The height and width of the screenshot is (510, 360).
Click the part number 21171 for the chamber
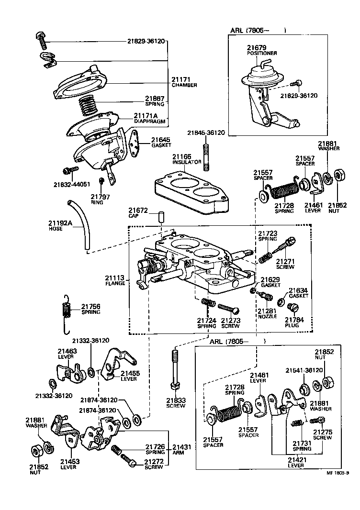click(x=181, y=79)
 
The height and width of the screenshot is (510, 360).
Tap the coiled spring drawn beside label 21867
click(x=88, y=104)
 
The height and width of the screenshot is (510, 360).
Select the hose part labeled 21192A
click(x=79, y=225)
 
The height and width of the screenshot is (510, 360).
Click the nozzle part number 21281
click(x=267, y=310)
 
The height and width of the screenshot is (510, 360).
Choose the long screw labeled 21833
click(x=175, y=371)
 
